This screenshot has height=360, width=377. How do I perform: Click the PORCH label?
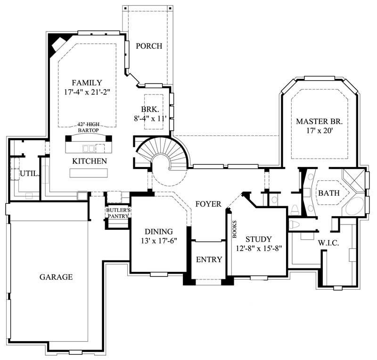point(149,46)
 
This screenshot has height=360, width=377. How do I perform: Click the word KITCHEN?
point(89,161)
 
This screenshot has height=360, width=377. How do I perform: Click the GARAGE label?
point(56,277)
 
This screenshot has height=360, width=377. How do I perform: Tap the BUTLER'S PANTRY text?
point(118,213)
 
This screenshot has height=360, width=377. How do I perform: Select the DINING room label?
point(158,232)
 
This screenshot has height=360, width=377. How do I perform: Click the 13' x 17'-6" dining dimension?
point(158,241)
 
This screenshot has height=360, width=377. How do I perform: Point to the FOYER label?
point(208,204)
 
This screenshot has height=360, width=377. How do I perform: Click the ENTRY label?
point(209,260)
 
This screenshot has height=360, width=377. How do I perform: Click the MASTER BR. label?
point(319,122)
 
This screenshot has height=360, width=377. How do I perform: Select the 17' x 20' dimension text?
point(319,132)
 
